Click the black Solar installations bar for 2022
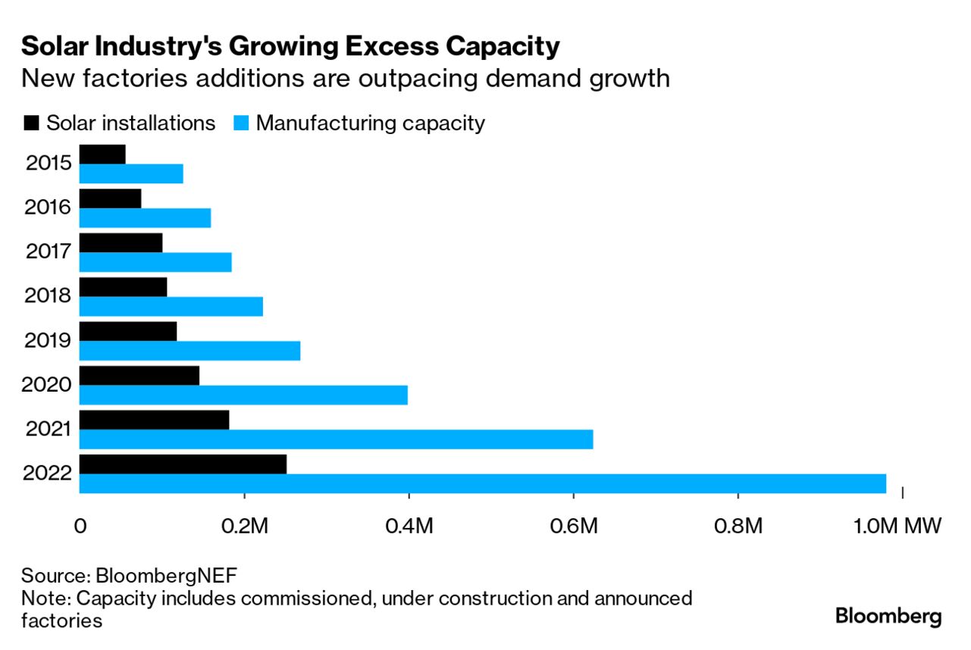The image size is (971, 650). (183, 464)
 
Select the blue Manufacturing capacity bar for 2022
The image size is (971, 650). (482, 483)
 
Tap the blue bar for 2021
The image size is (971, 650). (336, 439)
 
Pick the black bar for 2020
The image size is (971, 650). (139, 375)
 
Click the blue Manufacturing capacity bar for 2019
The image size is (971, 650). (190, 351)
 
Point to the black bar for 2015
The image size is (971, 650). (102, 154)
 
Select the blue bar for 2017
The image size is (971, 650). (155, 262)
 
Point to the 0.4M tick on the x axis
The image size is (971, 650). (409, 526)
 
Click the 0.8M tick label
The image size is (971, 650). (738, 526)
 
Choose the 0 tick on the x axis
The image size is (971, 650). (80, 526)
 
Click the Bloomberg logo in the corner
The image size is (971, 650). (888, 616)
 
